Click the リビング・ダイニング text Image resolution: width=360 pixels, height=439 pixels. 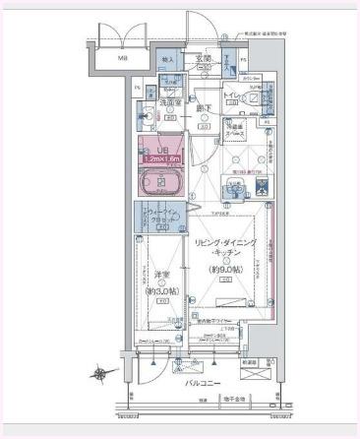click(x=226, y=242)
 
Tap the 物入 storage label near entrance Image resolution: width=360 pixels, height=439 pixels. click(x=168, y=60)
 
